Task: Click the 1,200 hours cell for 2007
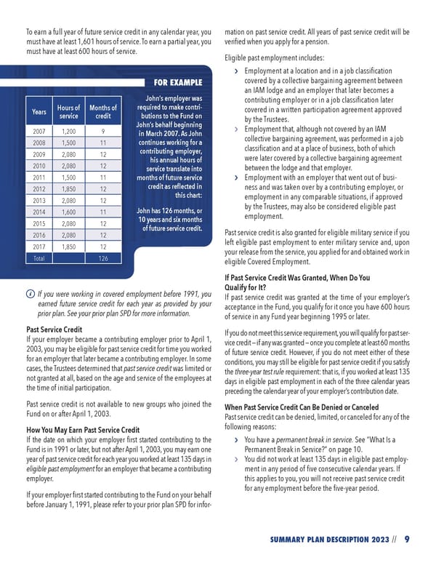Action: pos(69,132)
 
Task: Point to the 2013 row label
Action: pos(39,201)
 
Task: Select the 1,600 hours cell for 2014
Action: pos(69,212)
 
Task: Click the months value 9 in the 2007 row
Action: pos(103,132)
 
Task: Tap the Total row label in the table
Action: pos(39,258)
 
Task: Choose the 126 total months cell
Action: pos(103,258)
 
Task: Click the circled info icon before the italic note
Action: pos(28,294)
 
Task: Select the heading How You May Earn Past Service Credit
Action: pos(83,430)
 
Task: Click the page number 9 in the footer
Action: pos(407,539)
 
